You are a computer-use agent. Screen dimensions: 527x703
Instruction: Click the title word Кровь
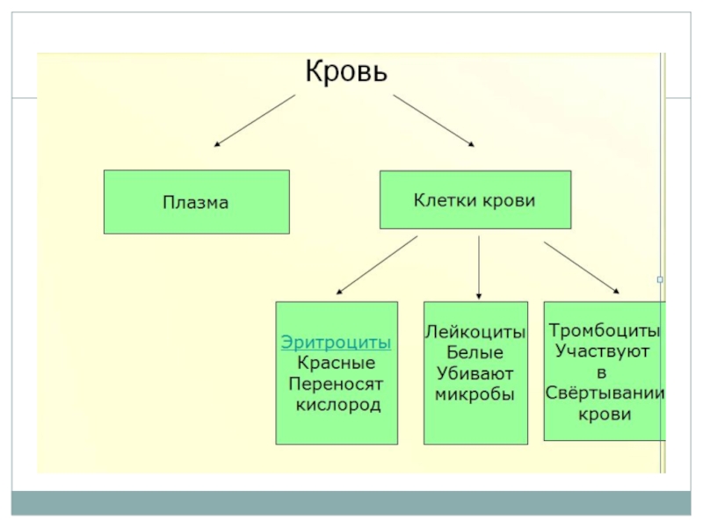pos(345,70)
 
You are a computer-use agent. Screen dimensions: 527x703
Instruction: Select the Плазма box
pos(196,202)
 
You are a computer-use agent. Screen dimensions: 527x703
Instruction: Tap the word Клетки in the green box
pos(445,200)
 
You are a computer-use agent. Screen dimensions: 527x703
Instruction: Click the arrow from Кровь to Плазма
pos(255,119)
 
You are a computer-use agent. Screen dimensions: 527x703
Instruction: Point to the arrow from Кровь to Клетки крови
pos(434,119)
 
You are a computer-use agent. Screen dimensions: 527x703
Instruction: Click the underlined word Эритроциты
pos(336,343)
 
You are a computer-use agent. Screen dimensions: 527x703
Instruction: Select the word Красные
pos(336,363)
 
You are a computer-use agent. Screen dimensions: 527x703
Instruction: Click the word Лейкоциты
pos(475,334)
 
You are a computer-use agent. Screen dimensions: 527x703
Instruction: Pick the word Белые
pos(475,353)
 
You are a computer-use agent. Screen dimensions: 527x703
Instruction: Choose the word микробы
pos(475,394)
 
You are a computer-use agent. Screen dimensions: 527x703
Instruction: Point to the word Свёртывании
pos(605,393)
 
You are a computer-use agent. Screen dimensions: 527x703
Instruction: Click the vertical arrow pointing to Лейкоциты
pos(478,268)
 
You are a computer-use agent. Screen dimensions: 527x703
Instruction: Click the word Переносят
pos(336,384)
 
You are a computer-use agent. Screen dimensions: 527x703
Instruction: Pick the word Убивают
pos(475,373)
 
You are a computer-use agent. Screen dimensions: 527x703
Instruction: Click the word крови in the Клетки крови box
pos(509,200)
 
